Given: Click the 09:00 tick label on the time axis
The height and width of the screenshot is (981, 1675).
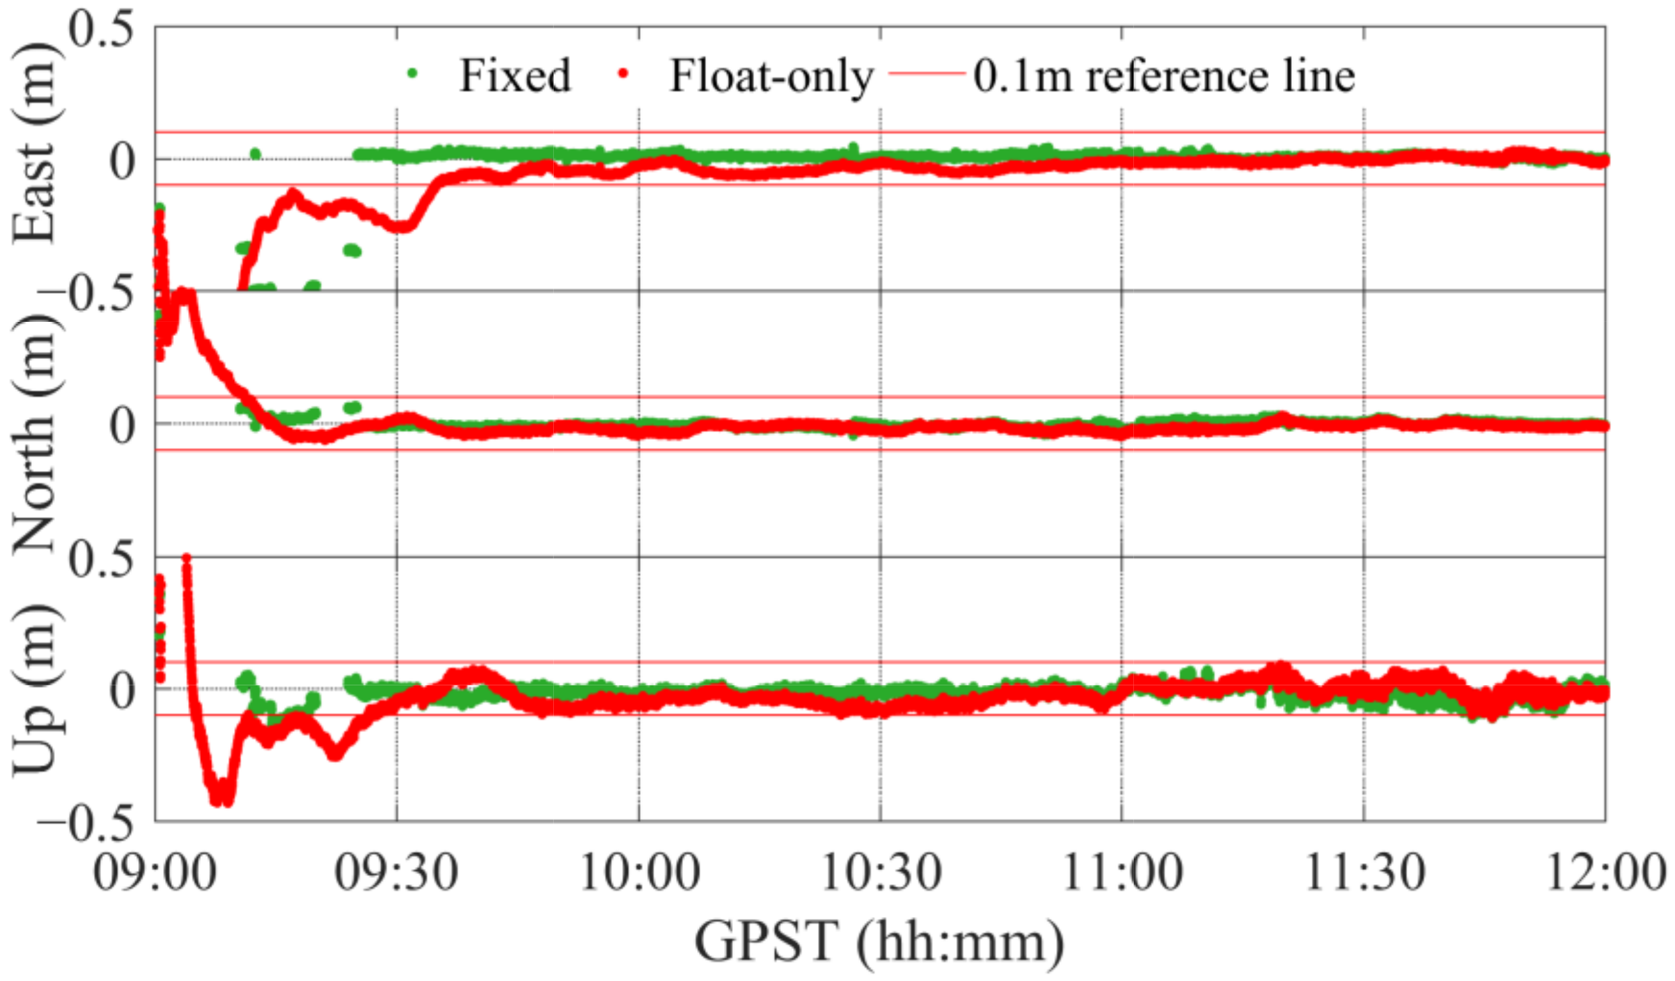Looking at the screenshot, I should coord(154,873).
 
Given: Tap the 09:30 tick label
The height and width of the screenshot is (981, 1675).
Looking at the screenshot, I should coord(396,873).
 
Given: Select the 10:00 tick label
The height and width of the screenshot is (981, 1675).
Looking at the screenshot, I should coord(640,873).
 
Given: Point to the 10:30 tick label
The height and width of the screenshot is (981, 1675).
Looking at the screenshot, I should coord(881,873).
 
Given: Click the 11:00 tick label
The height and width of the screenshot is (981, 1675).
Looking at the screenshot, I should coord(1122,873).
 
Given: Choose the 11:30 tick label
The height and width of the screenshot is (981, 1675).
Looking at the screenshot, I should coord(1365,873).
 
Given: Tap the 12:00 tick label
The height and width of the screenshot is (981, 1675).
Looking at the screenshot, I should coord(1606,873).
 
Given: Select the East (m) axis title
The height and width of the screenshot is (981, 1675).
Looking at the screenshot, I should coord(35,143).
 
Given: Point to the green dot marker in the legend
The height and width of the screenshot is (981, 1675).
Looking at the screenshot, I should coord(412,74).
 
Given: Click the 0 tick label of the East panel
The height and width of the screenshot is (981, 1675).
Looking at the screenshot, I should coord(122,162).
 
